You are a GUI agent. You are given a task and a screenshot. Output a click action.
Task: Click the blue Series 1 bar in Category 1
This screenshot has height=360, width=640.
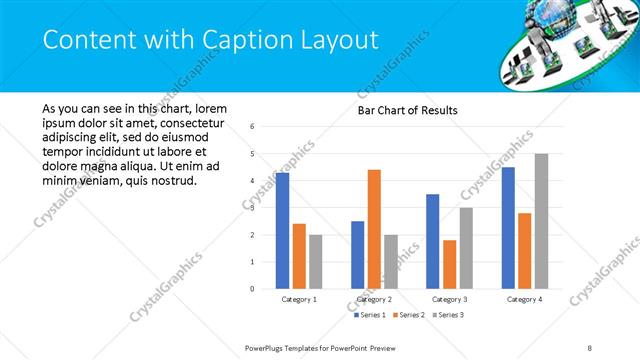pos(282,231)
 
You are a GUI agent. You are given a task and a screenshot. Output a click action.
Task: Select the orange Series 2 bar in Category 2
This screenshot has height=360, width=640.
pos(374,229)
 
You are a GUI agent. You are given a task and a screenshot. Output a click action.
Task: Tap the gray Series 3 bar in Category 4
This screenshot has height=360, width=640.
pos(541,221)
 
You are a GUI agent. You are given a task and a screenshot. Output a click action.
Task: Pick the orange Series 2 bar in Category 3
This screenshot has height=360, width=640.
pos(450,264)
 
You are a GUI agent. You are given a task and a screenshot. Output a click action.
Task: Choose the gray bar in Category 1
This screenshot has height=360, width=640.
pos(315,262)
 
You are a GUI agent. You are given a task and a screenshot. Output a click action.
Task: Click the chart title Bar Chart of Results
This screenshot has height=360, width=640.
pos(408,110)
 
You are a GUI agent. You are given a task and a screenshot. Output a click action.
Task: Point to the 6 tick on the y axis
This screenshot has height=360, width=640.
pos(252,127)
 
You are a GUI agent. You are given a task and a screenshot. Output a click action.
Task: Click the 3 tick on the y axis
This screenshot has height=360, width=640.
pos(252,208)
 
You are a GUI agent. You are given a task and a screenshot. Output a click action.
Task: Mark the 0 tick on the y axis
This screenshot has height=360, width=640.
pos(252,289)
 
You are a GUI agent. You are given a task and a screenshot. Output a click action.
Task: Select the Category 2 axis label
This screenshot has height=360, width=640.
pos(374,299)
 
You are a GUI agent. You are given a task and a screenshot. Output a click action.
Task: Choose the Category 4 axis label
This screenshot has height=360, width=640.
pos(524,299)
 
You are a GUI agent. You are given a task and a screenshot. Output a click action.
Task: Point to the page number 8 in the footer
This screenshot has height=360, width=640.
pos(590,348)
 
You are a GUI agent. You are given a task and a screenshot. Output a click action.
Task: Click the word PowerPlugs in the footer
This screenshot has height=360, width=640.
pos(269,348)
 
